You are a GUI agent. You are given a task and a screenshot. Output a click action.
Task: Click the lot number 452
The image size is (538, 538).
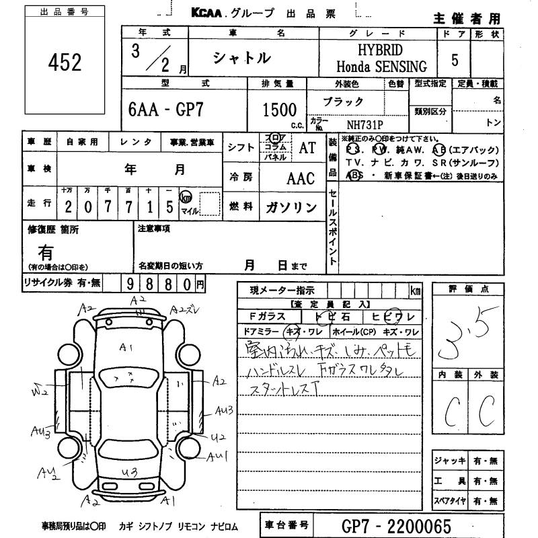click(x=65, y=62)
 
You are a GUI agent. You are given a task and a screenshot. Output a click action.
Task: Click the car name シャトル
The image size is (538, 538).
click(x=241, y=59)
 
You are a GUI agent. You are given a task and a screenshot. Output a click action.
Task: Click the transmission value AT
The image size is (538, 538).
click(x=307, y=149)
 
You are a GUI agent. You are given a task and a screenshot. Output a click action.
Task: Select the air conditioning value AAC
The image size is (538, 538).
click(x=301, y=178)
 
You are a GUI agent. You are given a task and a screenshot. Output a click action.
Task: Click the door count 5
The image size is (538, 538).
click(x=455, y=61)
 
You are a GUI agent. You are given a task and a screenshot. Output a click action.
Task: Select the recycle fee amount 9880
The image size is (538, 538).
click(x=159, y=284)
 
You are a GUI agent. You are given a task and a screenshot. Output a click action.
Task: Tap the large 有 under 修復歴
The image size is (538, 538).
click(x=46, y=252)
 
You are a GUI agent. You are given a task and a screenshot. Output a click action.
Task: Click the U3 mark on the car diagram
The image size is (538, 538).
click(x=130, y=471)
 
